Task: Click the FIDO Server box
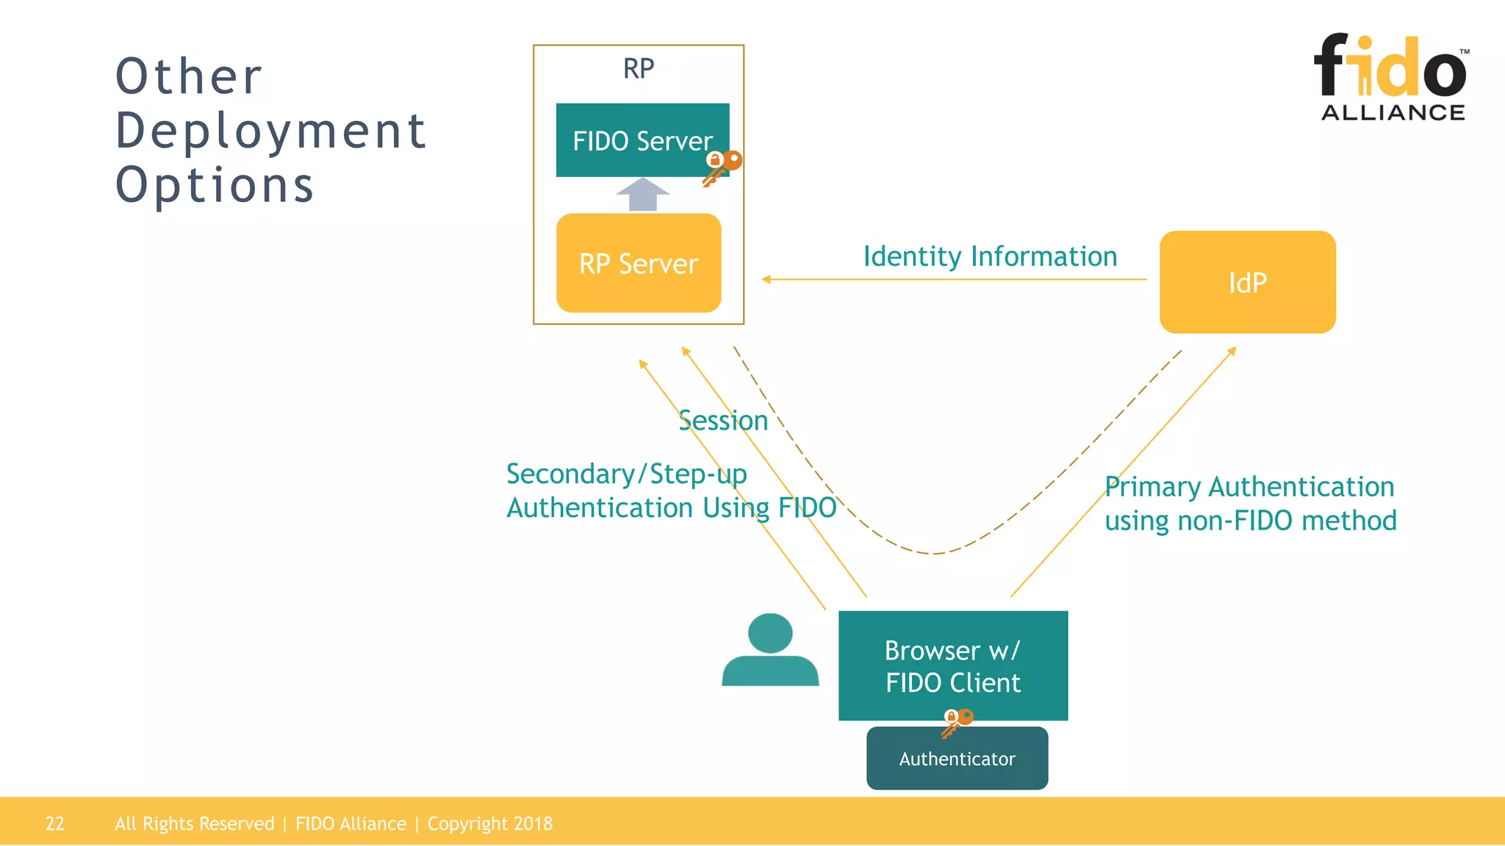642,140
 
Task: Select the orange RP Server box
638,263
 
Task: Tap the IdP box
1247,282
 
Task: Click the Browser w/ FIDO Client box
952,665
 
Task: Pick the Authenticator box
957,759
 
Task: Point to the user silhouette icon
769,651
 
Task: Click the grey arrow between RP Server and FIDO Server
642,194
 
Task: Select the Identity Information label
990,256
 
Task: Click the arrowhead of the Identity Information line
766,279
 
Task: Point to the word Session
723,421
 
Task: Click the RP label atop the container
638,68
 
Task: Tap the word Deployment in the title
271,131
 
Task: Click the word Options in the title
215,184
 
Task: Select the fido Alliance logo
1391,77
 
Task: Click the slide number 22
55,823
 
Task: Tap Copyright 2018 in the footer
489,823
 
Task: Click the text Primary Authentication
1249,487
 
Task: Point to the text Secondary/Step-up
626,474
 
